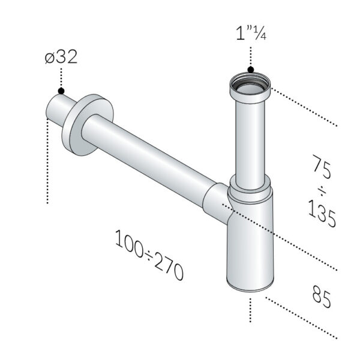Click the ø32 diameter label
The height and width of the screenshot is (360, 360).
point(61,58)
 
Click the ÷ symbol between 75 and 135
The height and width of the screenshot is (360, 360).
point(322,190)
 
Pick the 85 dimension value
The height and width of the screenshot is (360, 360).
point(322,296)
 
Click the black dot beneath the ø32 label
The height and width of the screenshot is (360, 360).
point(61,91)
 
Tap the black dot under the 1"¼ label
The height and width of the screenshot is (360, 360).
point(251,70)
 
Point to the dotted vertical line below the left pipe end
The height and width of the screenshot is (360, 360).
point(47,162)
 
